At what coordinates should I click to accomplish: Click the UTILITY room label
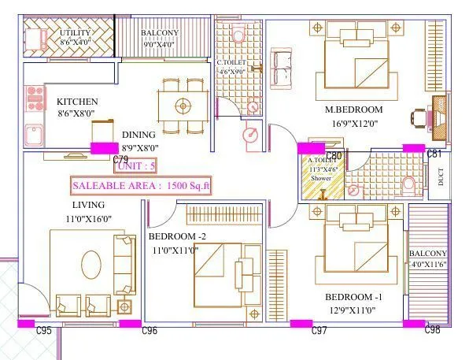[76, 32]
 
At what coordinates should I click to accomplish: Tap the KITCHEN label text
[77, 102]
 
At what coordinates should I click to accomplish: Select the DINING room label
[138, 135]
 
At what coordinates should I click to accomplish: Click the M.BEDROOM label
[354, 109]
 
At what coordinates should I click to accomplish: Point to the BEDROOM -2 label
[177, 236]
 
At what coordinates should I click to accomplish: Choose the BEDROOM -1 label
[354, 297]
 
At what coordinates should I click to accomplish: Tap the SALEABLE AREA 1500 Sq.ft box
[142, 186]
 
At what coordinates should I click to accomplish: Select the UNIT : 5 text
[137, 166]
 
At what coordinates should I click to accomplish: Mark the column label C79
[120, 158]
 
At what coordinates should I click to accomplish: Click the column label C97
[319, 331]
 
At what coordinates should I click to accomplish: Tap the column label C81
[434, 153]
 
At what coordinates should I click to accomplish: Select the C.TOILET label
[231, 62]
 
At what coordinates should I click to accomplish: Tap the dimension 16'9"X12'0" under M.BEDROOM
[354, 123]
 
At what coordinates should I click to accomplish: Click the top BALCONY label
[160, 32]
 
